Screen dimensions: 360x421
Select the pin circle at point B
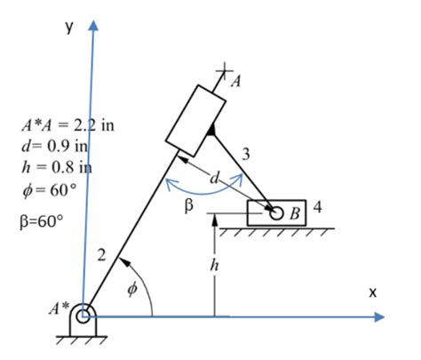pyautogui.click(x=277, y=213)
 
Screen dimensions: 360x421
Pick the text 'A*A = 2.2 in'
pyautogui.click(x=68, y=124)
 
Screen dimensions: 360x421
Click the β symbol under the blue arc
pyautogui.click(x=188, y=207)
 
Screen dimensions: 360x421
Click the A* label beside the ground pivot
pyautogui.click(x=59, y=311)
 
